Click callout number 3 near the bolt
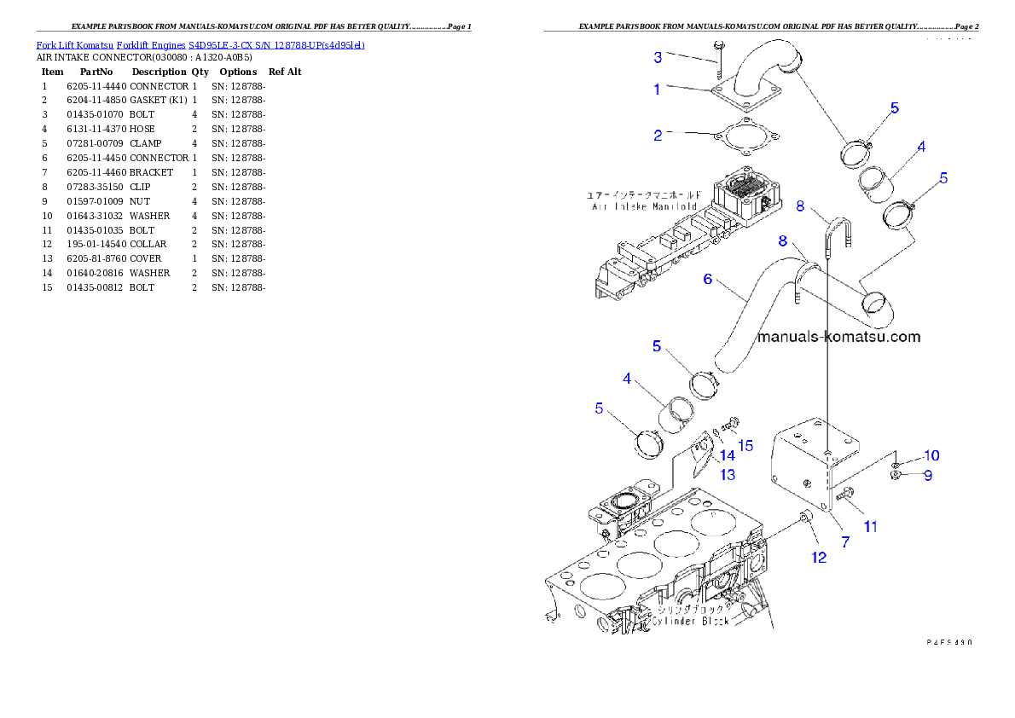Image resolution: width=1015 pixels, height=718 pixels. click(658, 58)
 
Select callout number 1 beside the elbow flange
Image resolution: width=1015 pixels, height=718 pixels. click(658, 89)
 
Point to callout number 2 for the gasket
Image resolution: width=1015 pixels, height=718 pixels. click(658, 135)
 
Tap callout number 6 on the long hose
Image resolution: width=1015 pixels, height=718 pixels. click(708, 279)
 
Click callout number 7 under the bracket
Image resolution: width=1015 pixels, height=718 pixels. click(845, 541)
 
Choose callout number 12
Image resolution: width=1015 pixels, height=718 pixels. click(819, 558)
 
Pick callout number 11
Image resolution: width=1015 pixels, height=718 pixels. click(870, 527)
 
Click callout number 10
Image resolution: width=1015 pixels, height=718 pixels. click(931, 456)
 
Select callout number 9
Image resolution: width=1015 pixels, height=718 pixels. click(928, 475)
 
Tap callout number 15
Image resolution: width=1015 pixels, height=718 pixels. click(745, 445)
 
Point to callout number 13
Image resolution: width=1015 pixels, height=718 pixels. click(727, 474)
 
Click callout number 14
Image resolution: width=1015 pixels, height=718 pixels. click(727, 456)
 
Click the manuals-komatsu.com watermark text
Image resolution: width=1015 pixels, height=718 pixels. click(839, 337)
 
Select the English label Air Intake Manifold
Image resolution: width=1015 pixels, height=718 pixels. click(645, 206)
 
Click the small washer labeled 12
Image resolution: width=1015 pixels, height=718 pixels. click(804, 518)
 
